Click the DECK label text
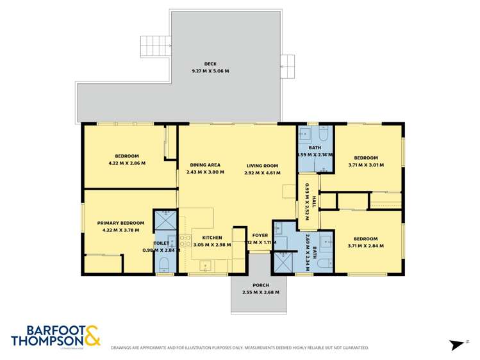pos(210,63)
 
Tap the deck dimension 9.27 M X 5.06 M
pos(210,70)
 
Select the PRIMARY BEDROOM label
pos(120,223)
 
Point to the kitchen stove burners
pos(185,241)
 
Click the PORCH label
pos(260,285)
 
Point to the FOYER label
pos(260,235)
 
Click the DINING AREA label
pos(204,165)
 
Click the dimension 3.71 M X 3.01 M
pos(366,165)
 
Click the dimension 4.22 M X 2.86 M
pos(127,163)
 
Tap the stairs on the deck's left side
pos(156,46)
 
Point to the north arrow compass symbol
pos(457,345)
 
